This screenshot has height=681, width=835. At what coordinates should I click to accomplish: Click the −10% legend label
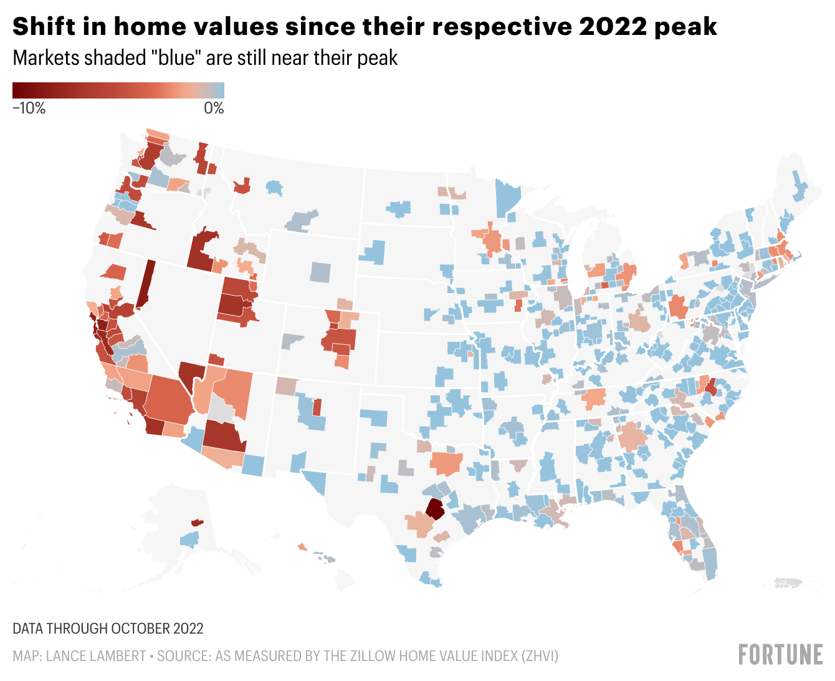29,108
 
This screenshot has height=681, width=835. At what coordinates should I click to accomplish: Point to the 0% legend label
214,108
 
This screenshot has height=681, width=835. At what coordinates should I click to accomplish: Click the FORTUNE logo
780,655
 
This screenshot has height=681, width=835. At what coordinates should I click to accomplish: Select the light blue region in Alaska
190,539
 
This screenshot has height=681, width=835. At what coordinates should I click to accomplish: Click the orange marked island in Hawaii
302,547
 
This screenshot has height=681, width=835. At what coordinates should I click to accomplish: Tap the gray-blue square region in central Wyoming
320,272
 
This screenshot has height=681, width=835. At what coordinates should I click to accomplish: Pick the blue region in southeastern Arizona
253,465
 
